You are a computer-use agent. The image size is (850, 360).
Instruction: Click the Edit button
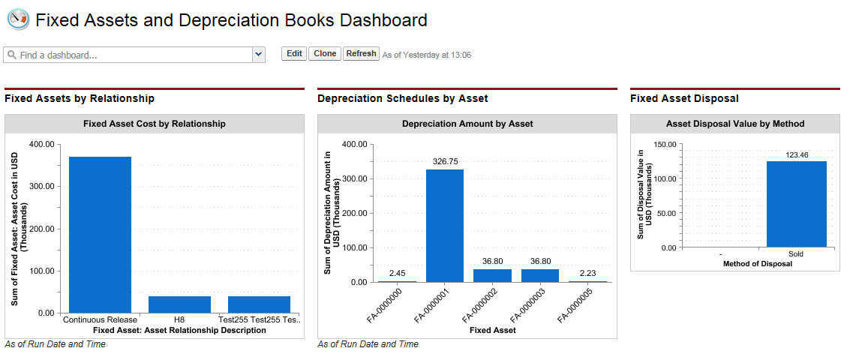pyautogui.click(x=294, y=54)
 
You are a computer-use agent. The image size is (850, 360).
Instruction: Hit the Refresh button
pyautogui.click(x=361, y=54)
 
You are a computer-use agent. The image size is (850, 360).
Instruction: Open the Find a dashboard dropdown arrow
pyautogui.click(x=259, y=55)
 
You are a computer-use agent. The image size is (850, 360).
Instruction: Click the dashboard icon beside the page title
pyautogui.click(x=17, y=19)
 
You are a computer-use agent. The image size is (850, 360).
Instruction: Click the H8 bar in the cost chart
pyautogui.click(x=179, y=304)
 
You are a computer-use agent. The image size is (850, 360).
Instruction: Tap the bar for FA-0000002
pyautogui.click(x=492, y=275)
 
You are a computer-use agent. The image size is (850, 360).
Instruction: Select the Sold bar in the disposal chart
pyautogui.click(x=796, y=203)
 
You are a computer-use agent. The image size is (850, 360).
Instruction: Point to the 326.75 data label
pyautogui.click(x=445, y=160)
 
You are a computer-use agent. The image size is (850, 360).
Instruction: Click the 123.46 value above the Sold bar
pyautogui.click(x=796, y=153)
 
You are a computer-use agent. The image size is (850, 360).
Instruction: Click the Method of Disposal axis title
pyautogui.click(x=757, y=263)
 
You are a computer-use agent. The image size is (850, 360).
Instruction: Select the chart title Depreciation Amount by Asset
pyautogui.click(x=467, y=124)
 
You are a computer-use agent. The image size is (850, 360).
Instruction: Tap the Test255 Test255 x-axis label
pyautogui.click(x=260, y=319)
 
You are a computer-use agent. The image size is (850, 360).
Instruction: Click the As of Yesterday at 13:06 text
pyautogui.click(x=426, y=55)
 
